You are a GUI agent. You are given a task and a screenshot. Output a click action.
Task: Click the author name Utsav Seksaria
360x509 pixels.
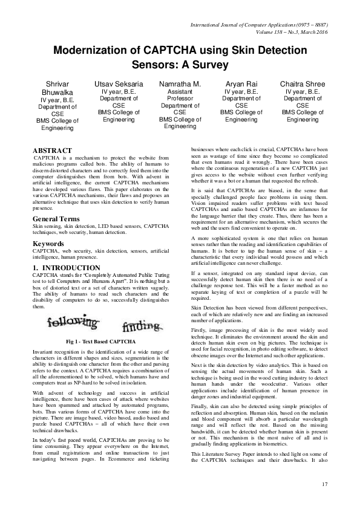(119, 83)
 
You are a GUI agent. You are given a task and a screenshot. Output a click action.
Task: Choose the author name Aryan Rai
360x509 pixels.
(241, 83)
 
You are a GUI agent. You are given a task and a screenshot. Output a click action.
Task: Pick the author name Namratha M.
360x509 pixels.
(180, 83)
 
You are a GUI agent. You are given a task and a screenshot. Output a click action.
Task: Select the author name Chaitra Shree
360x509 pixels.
(303, 83)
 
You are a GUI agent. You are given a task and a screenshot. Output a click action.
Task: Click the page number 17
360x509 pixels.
(324, 484)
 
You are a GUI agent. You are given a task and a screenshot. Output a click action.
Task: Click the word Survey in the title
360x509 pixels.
(209, 63)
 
